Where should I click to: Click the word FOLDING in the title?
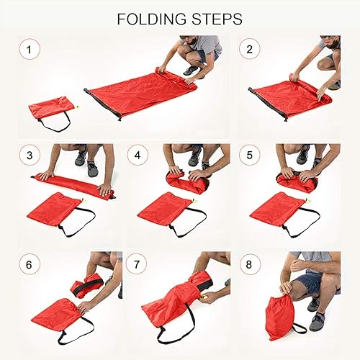click(x=151, y=19)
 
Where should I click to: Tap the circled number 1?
click(x=30, y=50)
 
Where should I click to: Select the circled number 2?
click(x=250, y=49)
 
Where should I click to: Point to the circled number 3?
click(x=30, y=155)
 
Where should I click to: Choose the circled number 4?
click(x=138, y=155)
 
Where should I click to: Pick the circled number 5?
click(x=250, y=155)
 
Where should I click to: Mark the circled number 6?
click(x=30, y=264)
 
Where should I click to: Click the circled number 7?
click(x=137, y=264)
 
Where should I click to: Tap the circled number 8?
click(x=250, y=264)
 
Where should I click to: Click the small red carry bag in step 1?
click(x=52, y=109)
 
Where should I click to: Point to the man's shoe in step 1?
click(x=191, y=70)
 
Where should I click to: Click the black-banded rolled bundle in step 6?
click(x=87, y=285)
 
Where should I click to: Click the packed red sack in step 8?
click(x=280, y=316)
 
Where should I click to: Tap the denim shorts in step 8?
click(x=308, y=283)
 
